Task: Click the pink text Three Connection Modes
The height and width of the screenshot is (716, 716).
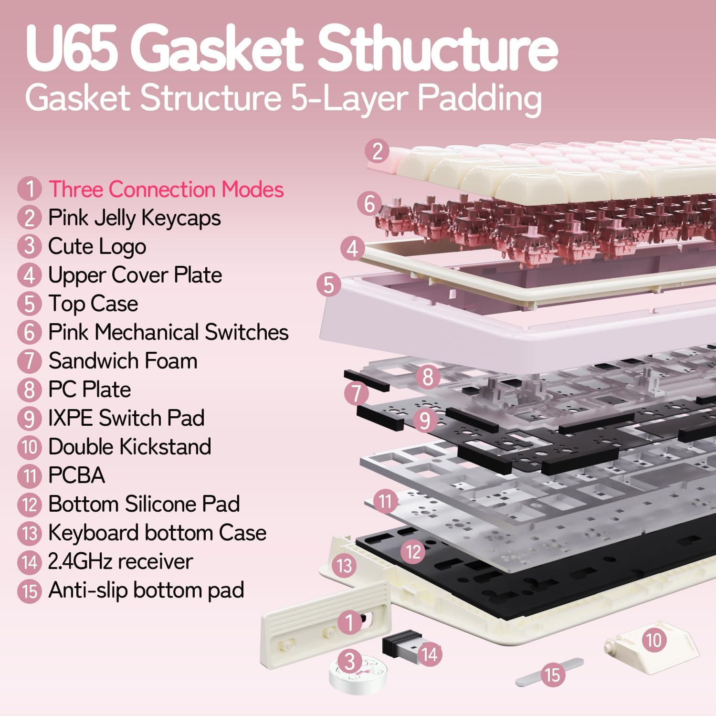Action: point(166,189)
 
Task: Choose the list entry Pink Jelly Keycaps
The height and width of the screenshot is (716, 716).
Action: point(134,218)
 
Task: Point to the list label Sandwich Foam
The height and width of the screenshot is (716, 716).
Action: point(123,361)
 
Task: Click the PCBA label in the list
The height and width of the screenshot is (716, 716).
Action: point(76,475)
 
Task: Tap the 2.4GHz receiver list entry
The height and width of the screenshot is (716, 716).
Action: point(120,561)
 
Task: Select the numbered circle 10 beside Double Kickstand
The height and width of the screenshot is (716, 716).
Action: point(30,447)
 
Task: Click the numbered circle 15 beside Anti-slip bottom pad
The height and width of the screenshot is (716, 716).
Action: point(30,591)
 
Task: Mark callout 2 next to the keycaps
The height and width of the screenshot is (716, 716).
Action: point(377,151)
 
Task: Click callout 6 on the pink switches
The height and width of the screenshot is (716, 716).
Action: point(369,203)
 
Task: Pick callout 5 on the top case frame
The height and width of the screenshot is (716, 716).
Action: point(329,284)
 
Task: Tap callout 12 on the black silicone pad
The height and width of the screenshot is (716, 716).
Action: point(413,552)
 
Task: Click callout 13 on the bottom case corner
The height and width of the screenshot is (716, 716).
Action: point(344,566)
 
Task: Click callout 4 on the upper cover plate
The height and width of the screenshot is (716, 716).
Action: point(352,248)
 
